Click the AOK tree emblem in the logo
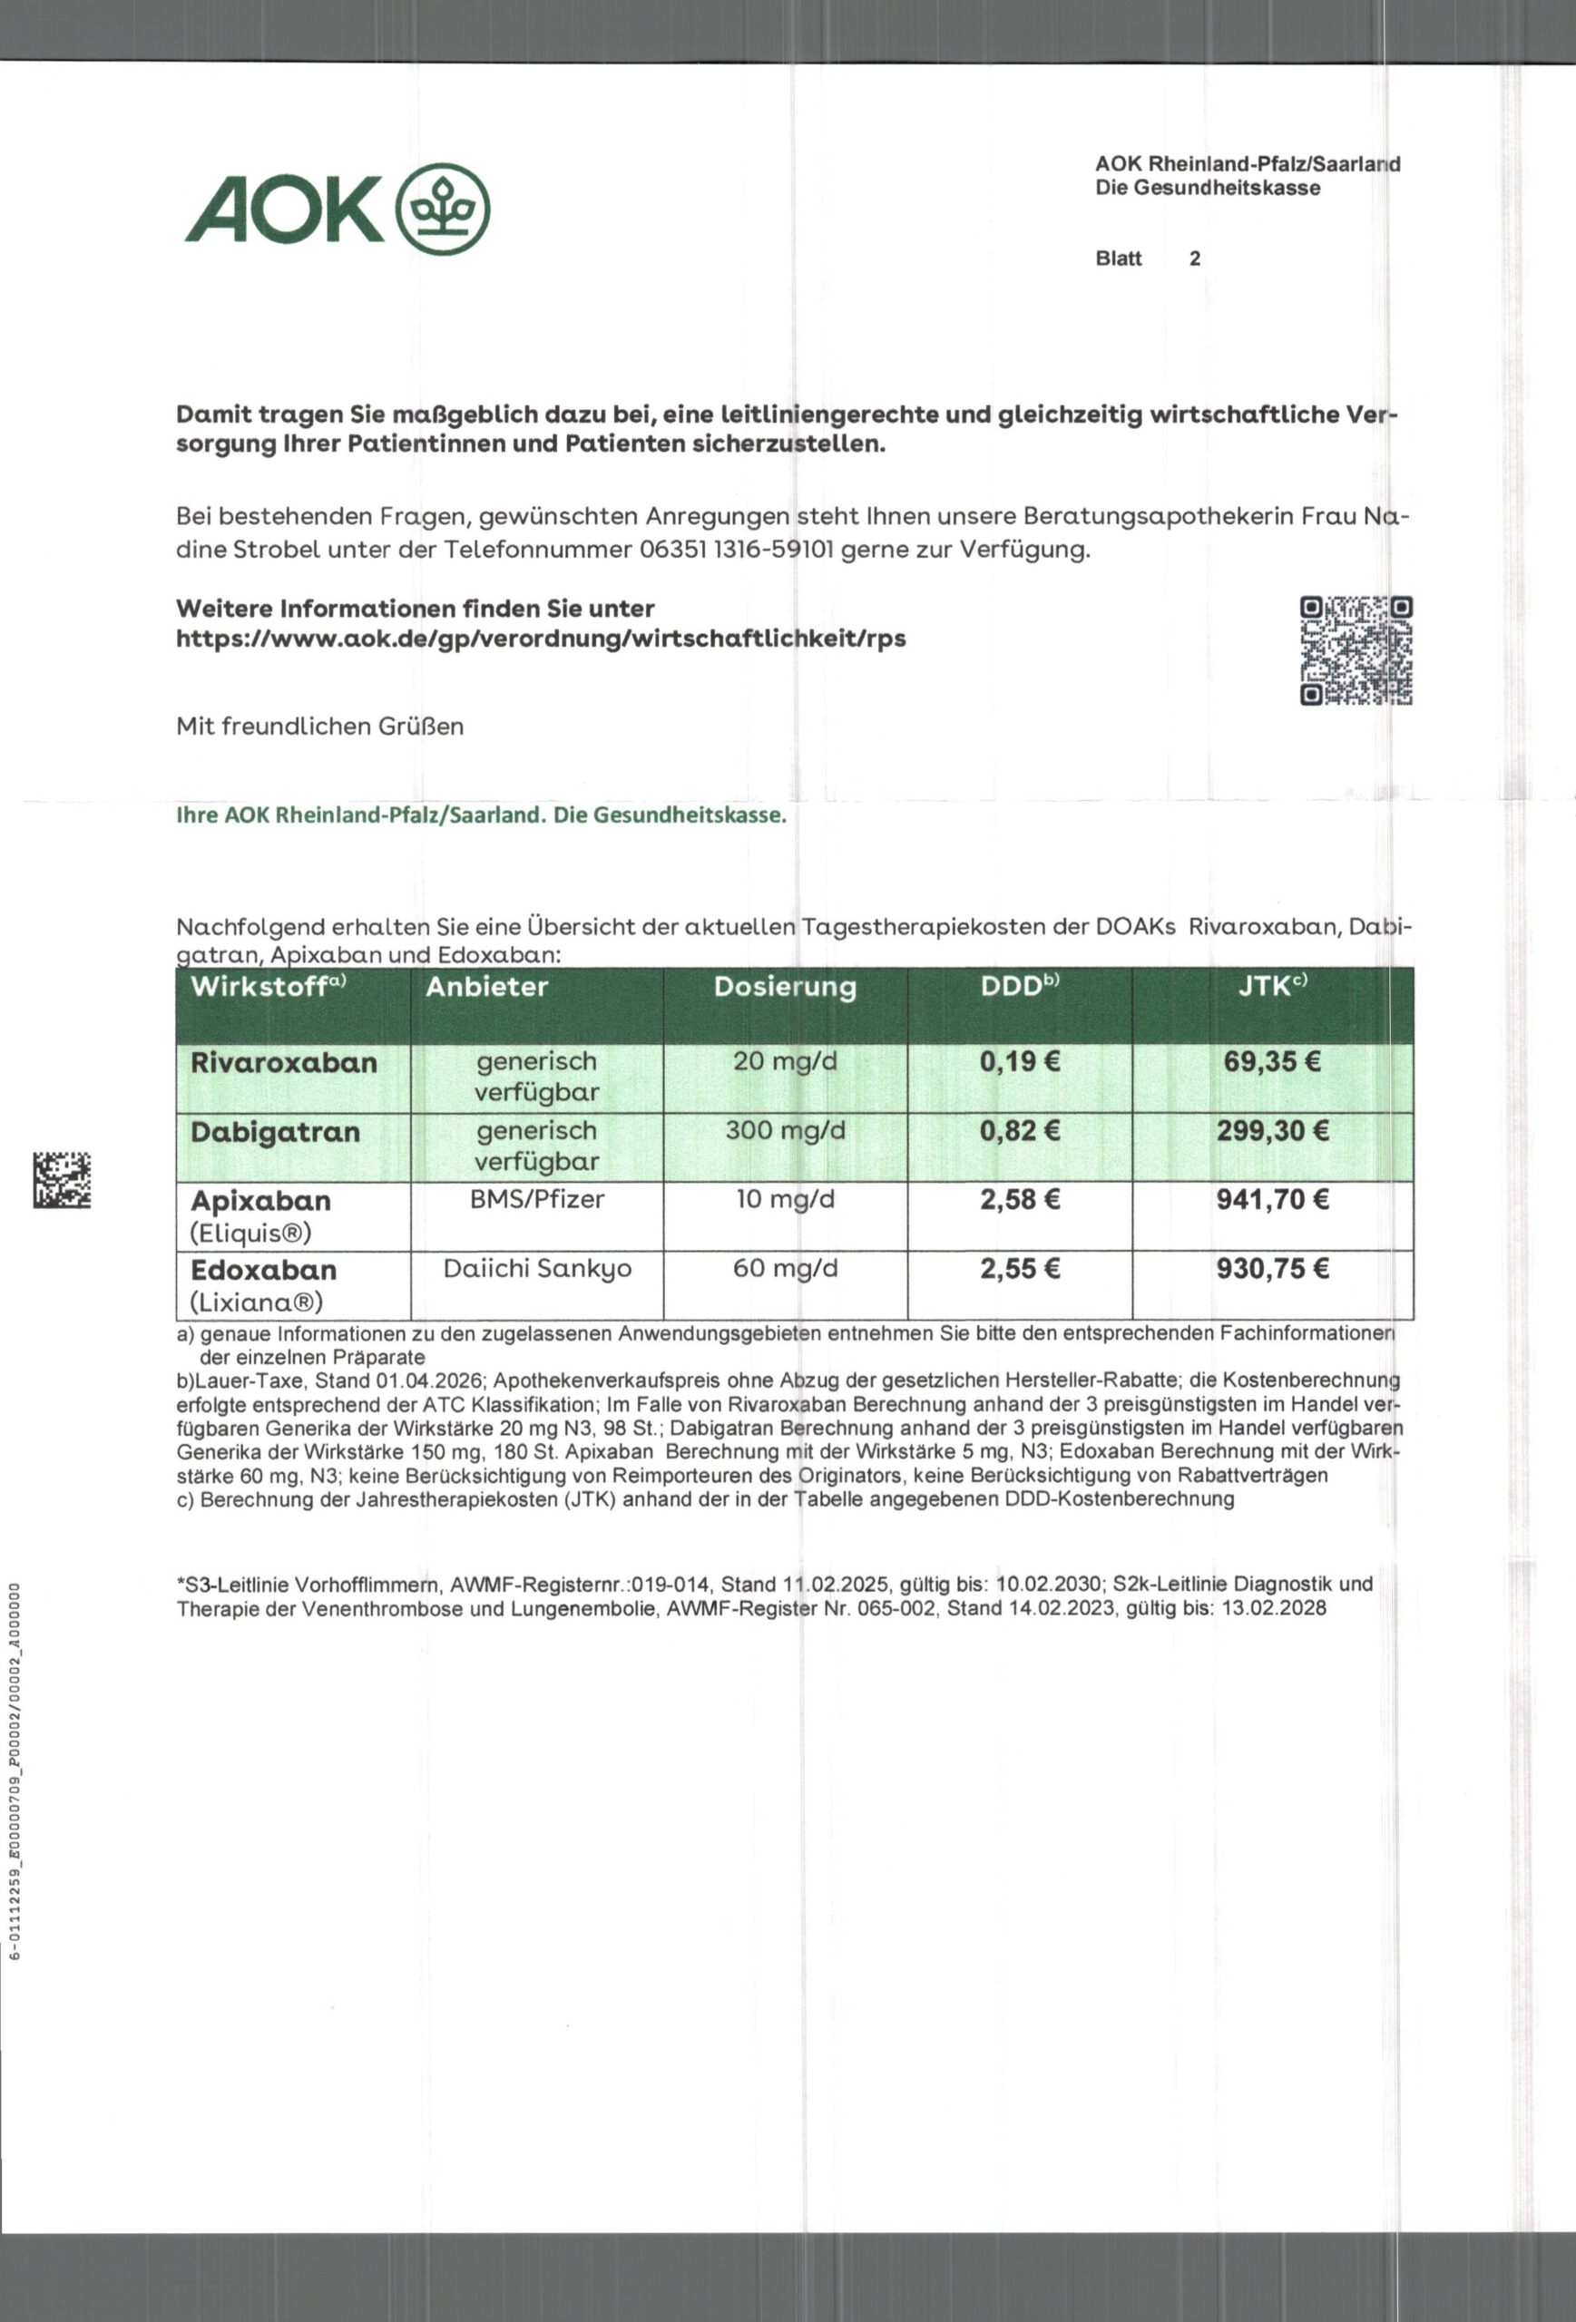(x=444, y=209)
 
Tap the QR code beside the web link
(x=1356, y=650)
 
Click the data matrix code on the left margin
(x=62, y=1180)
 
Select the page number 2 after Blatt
(x=1194, y=259)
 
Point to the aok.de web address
(x=541, y=639)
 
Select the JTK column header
(x=1271, y=987)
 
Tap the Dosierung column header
(x=785, y=987)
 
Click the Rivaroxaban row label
(x=284, y=1062)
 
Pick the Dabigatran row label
(x=275, y=1132)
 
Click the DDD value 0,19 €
(x=1019, y=1061)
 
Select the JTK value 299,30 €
(x=1272, y=1131)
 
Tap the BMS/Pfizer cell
(x=536, y=1199)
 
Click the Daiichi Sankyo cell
(x=536, y=1268)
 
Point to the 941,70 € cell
(x=1272, y=1199)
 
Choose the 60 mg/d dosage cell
(x=785, y=1268)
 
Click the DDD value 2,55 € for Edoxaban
(x=1019, y=1269)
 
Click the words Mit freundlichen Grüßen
(x=319, y=727)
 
